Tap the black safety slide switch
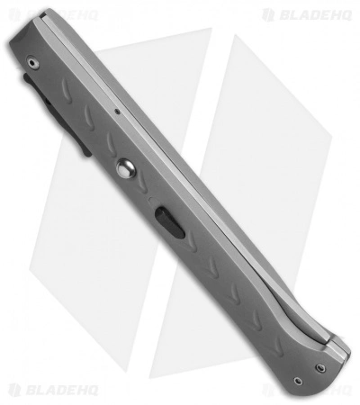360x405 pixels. click(x=165, y=221)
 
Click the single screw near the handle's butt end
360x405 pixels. click(x=31, y=62)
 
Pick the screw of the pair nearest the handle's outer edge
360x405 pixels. click(x=297, y=380)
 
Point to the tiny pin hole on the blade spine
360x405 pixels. click(x=117, y=112)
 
